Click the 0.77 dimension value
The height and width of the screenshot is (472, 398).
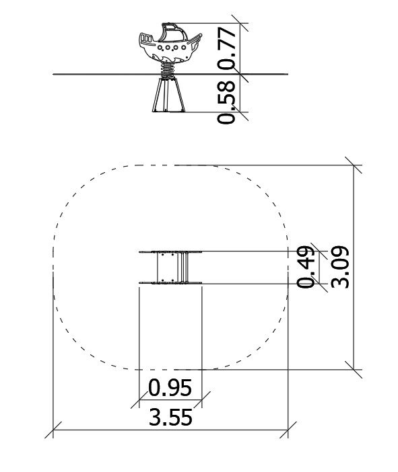(226, 48)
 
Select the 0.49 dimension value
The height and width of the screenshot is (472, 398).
(306, 267)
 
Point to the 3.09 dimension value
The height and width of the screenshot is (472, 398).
(340, 267)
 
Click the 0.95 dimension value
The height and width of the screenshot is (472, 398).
(170, 387)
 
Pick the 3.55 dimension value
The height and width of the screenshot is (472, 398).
(170, 418)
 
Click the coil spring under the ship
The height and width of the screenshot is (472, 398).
(168, 70)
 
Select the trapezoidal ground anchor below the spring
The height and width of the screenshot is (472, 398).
(168, 95)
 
